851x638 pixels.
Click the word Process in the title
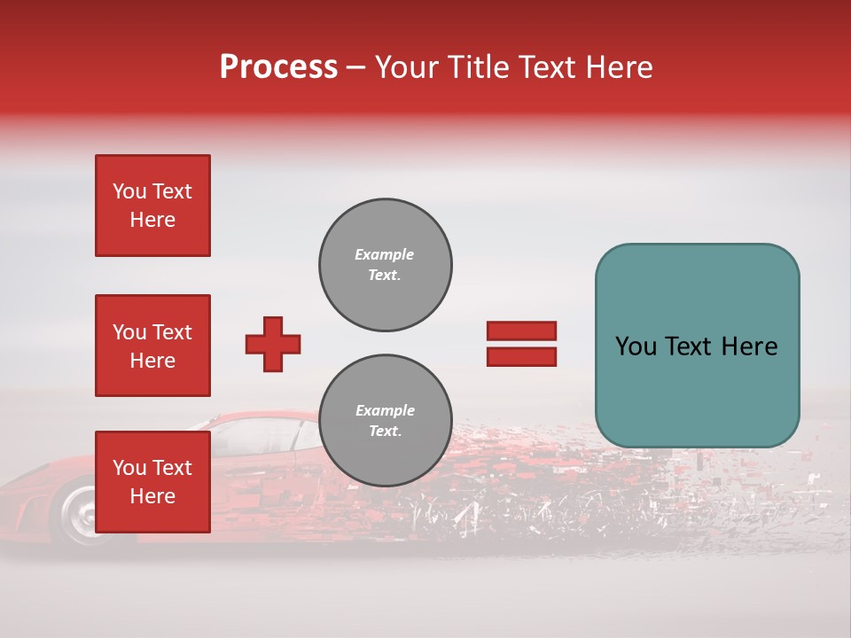click(x=278, y=67)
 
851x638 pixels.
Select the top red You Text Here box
click(x=152, y=206)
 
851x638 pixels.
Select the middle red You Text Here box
click(x=152, y=346)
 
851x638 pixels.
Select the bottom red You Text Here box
click(x=152, y=481)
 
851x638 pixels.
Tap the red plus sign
click(x=273, y=344)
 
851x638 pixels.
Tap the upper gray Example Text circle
click(x=386, y=265)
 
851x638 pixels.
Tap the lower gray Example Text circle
click(x=386, y=421)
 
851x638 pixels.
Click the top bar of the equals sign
click(x=521, y=331)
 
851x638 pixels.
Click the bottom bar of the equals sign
click(x=521, y=356)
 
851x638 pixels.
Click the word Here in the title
click(x=619, y=67)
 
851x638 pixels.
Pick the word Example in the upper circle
click(x=385, y=254)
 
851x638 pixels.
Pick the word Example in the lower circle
click(x=385, y=410)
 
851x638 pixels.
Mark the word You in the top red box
click(x=129, y=191)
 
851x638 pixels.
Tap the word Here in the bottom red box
click(x=152, y=496)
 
